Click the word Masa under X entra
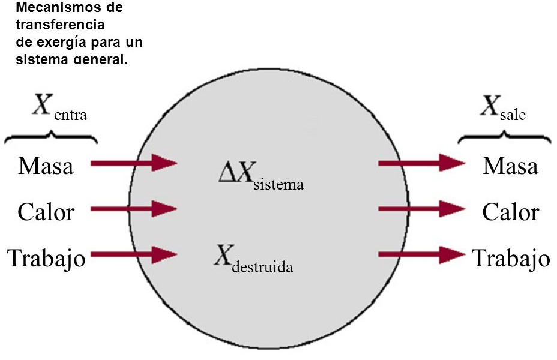click(46, 165)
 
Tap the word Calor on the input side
click(46, 211)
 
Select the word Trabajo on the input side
click(46, 258)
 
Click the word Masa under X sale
click(510, 165)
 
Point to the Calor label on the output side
click(511, 211)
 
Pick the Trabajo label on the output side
click(511, 258)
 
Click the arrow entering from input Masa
click(134, 163)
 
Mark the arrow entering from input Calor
click(134, 209)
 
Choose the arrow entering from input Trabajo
click(134, 254)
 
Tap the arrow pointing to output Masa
click(422, 162)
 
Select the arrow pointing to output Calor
click(422, 209)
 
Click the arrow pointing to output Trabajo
click(422, 254)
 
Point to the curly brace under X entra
click(51, 139)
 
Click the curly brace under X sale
click(505, 139)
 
